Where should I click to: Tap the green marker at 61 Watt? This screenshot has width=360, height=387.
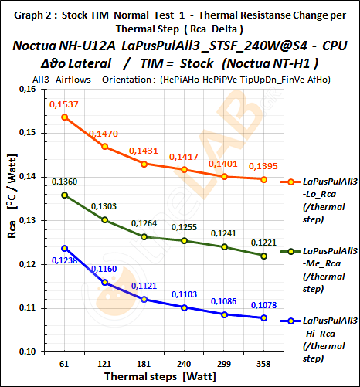click(65, 195)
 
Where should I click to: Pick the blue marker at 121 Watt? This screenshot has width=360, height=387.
click(104, 283)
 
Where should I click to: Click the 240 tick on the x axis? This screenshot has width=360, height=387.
click(184, 362)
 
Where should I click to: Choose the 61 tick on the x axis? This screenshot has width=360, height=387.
click(65, 362)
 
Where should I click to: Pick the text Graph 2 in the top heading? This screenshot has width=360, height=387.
click(29, 13)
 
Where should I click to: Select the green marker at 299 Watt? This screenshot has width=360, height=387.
click(224, 247)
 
